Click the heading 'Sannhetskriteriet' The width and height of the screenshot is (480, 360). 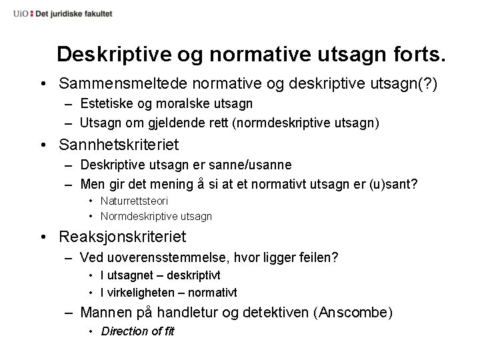(x=119, y=145)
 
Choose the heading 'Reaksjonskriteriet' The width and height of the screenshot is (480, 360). (x=123, y=237)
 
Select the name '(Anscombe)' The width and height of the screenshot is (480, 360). (x=356, y=311)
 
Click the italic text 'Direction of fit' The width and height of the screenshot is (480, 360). (x=137, y=331)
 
